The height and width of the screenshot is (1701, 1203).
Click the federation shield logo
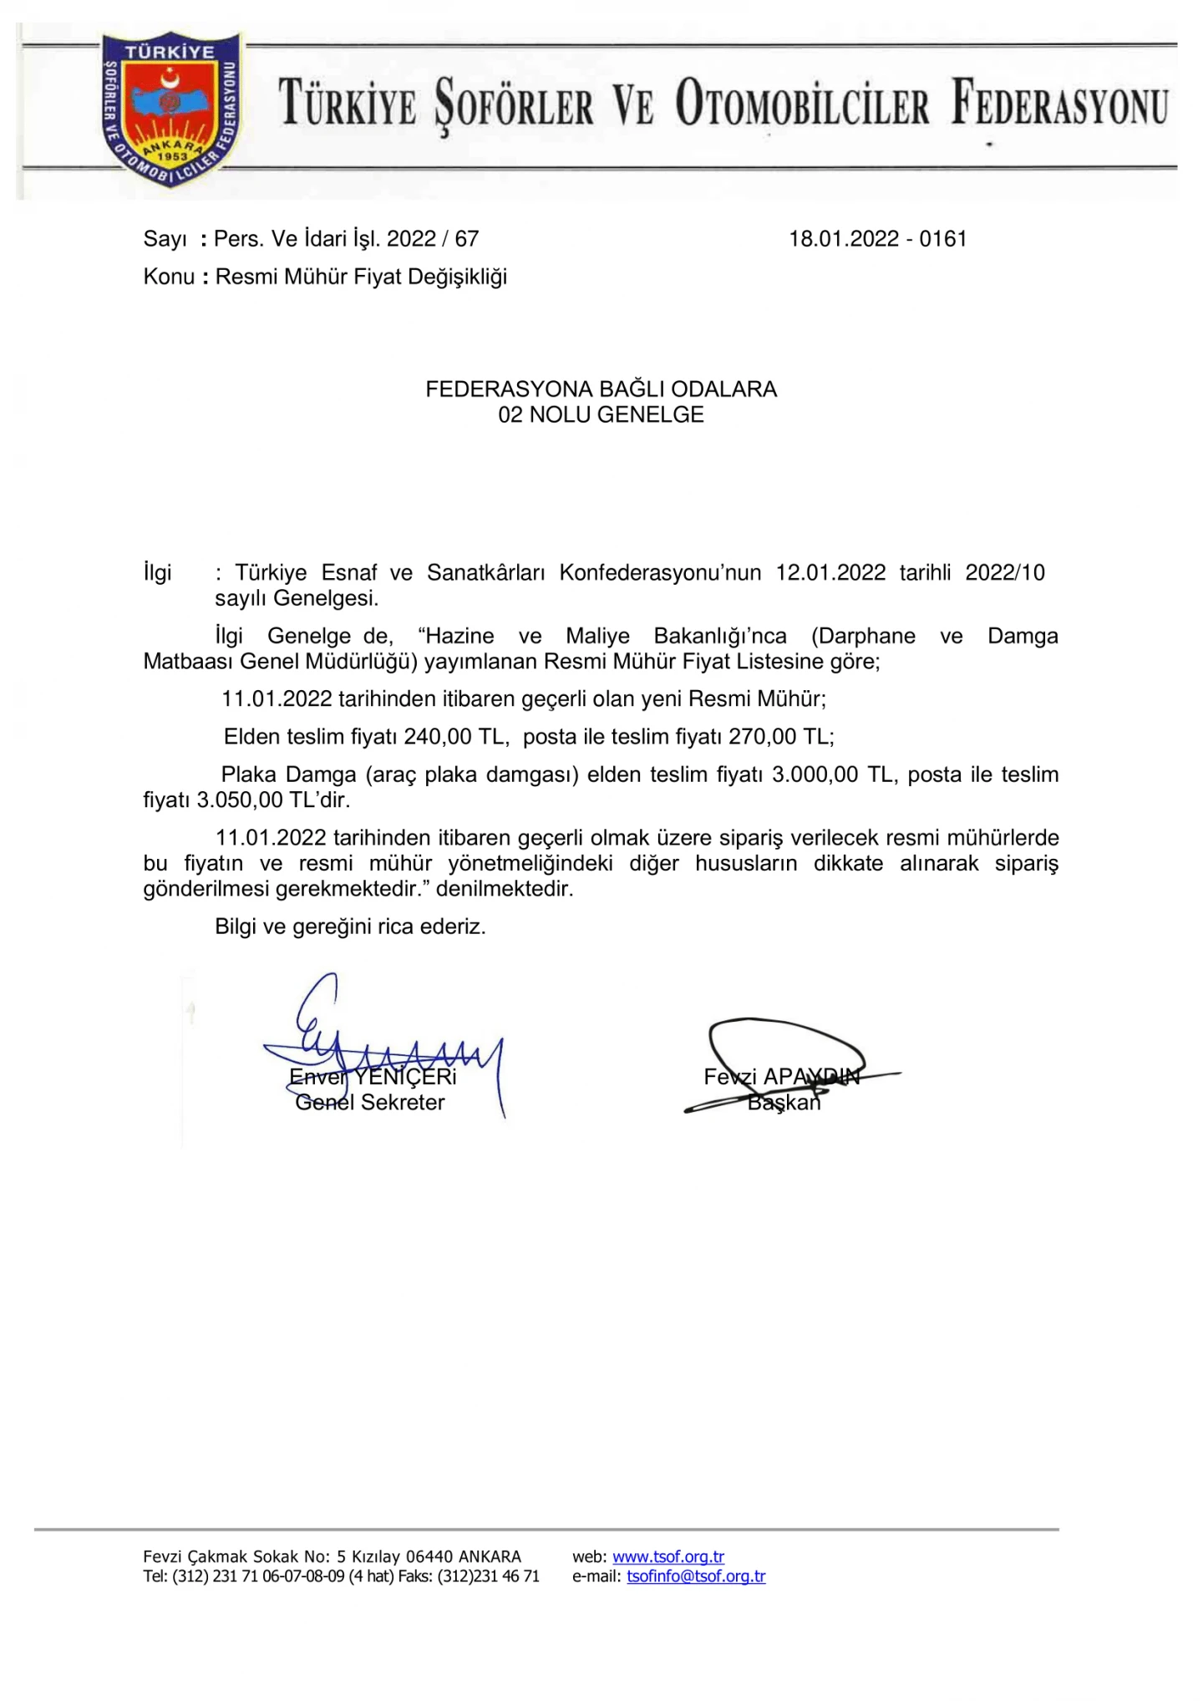coord(170,109)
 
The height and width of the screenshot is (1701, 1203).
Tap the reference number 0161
coord(943,239)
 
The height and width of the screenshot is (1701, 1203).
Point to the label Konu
coord(169,277)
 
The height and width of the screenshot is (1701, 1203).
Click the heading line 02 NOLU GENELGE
coord(601,415)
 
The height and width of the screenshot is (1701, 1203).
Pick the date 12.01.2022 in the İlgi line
coord(830,572)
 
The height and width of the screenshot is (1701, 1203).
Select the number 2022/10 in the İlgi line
coord(1005,572)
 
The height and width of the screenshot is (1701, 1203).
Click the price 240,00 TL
coord(454,736)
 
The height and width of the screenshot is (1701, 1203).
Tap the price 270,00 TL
coord(779,736)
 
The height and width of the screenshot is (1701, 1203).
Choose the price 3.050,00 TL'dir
coord(273,800)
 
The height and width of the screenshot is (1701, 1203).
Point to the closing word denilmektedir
coord(505,889)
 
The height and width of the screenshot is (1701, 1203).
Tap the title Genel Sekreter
coord(370,1103)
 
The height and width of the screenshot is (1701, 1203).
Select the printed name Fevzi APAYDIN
coord(781,1077)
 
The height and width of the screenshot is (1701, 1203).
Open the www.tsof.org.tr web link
coord(668,1557)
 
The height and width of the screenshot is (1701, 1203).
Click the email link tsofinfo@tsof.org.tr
coord(696,1577)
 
